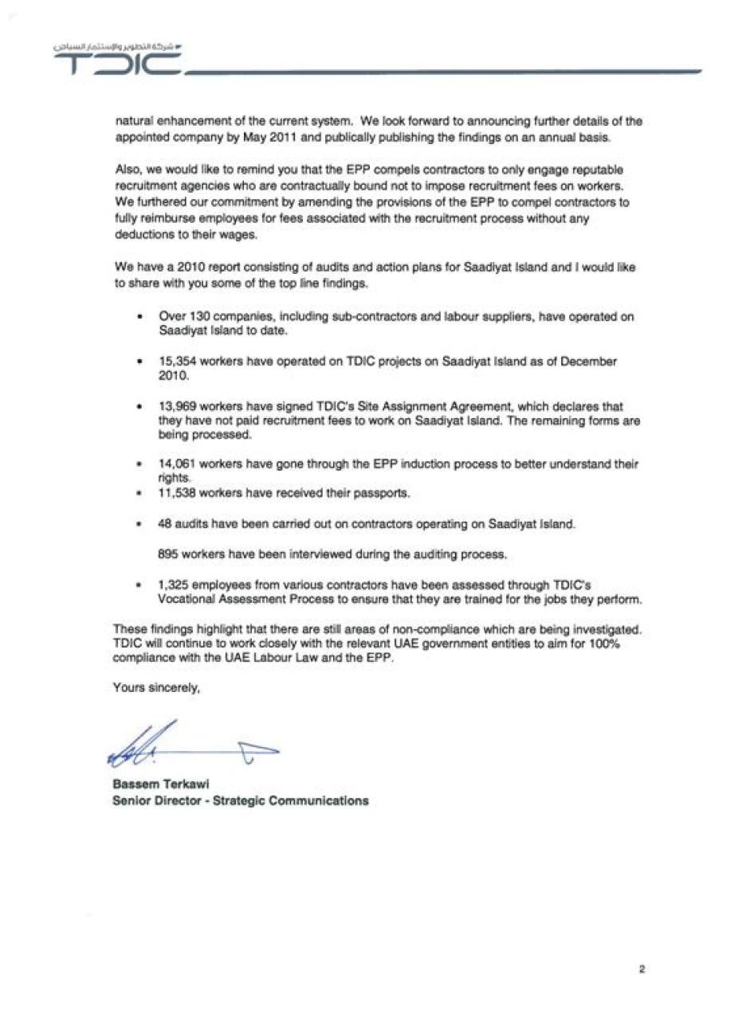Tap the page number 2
(x=641, y=968)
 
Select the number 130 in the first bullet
(x=198, y=316)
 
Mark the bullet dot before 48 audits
(x=139, y=525)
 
